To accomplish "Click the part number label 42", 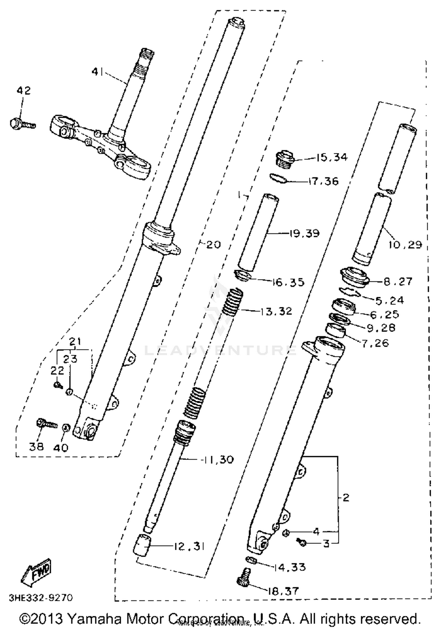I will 24,90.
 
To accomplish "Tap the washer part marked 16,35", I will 243,275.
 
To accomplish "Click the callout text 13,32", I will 275,311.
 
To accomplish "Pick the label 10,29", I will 405,244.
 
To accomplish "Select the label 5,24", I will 390,300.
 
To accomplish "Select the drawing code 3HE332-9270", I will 41,598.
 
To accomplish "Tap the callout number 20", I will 213,245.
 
